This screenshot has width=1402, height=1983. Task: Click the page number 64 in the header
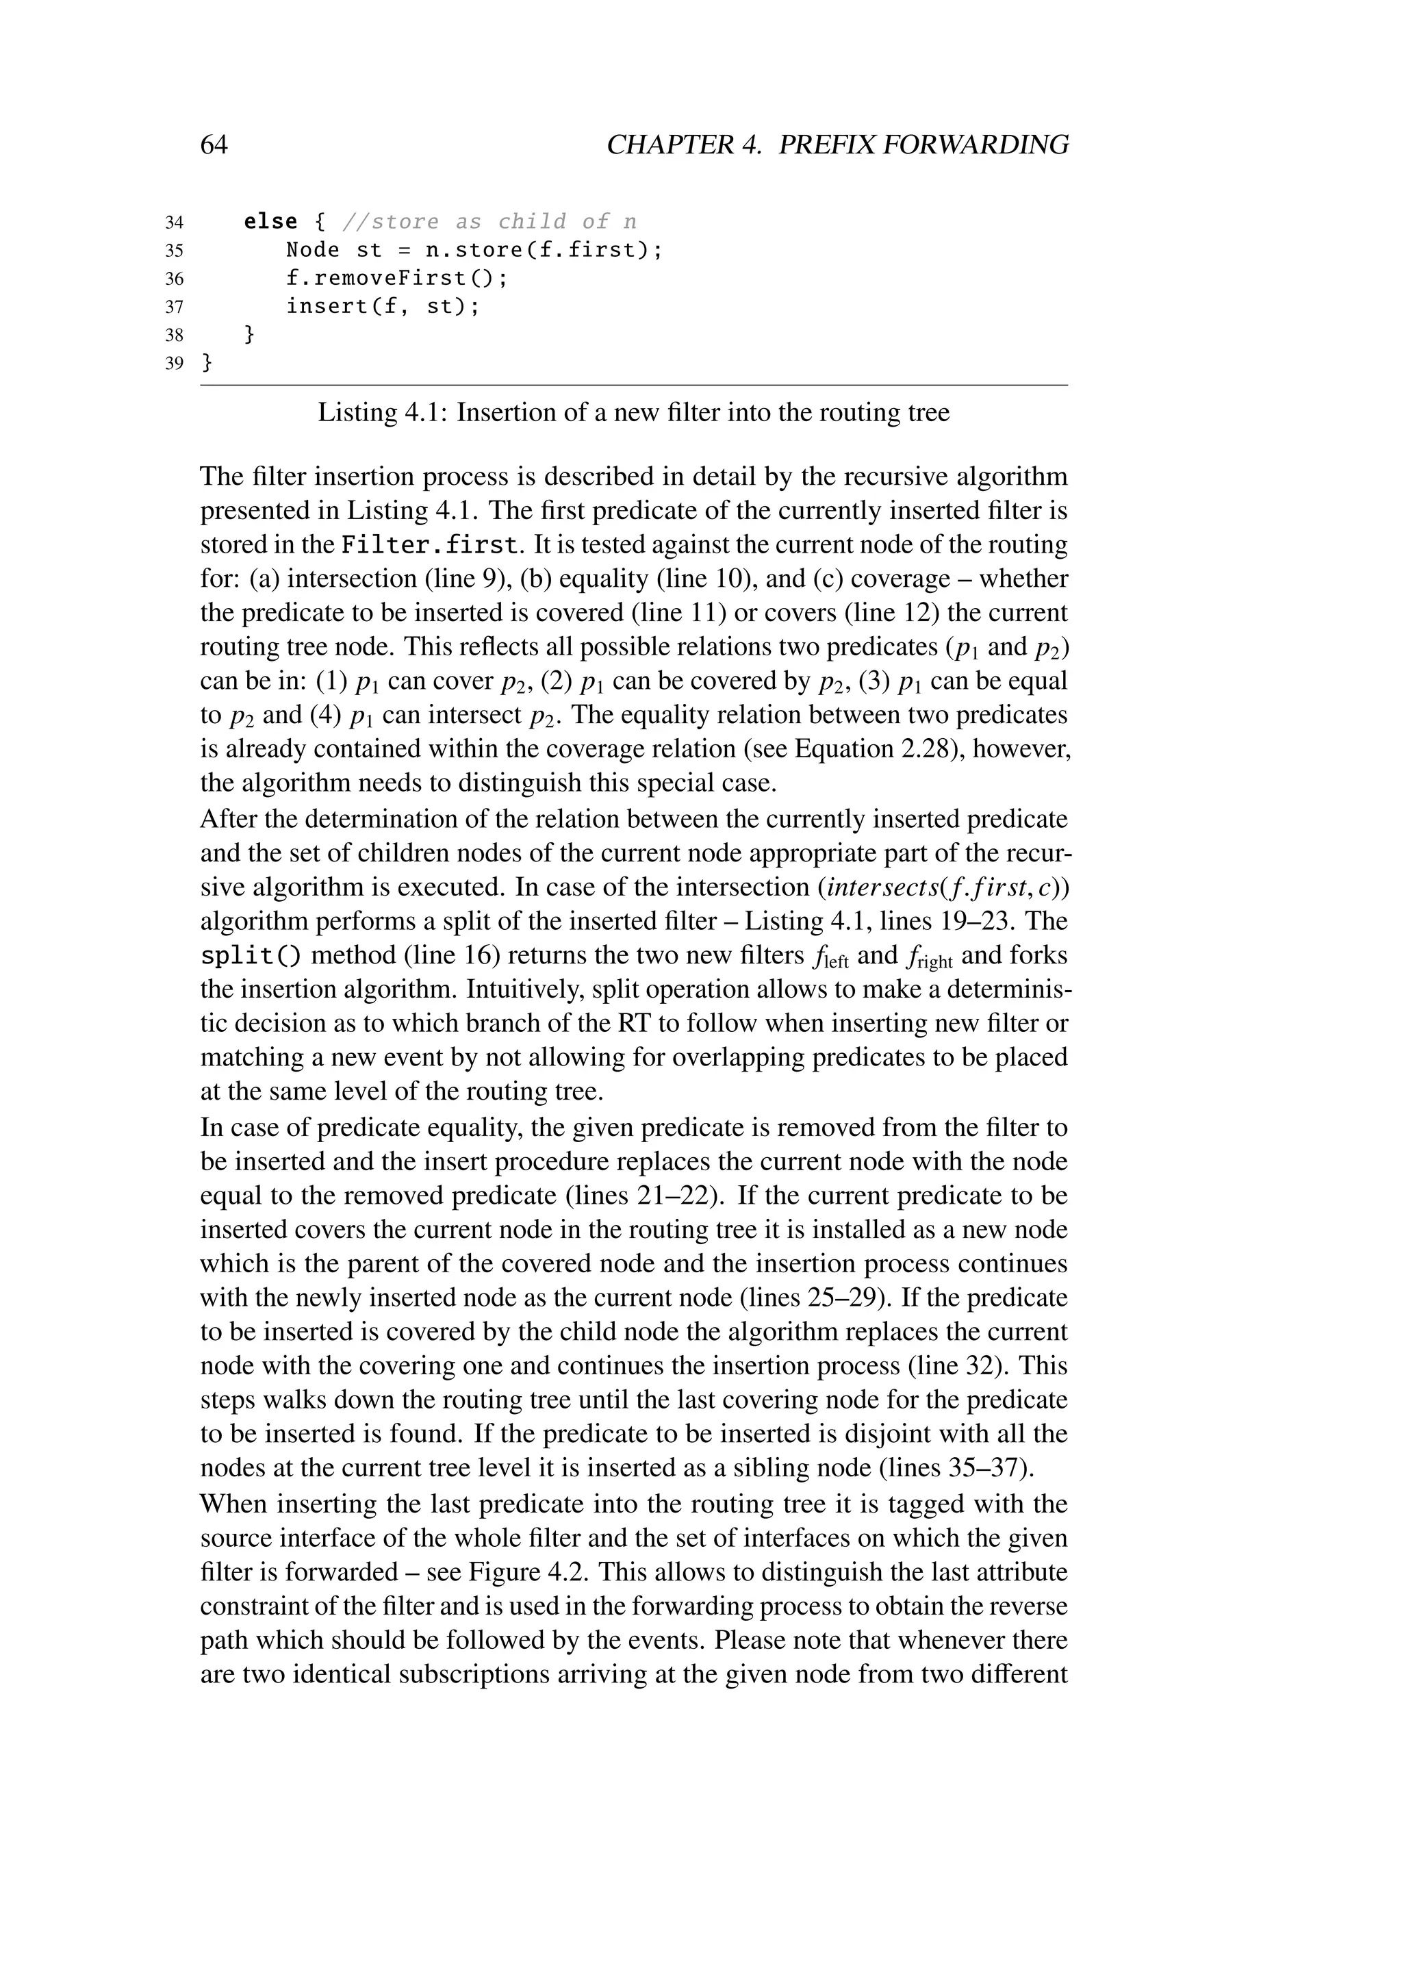click(x=214, y=144)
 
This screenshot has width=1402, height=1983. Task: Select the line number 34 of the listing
click(x=173, y=223)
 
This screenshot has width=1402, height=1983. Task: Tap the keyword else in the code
click(x=270, y=222)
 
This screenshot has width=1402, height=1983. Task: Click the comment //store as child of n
click(x=489, y=222)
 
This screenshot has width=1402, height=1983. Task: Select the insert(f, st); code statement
click(x=383, y=307)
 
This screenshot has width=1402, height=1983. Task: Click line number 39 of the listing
click(x=173, y=364)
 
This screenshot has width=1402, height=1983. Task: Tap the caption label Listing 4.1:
click(x=383, y=412)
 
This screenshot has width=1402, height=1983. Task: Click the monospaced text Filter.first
click(x=432, y=545)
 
